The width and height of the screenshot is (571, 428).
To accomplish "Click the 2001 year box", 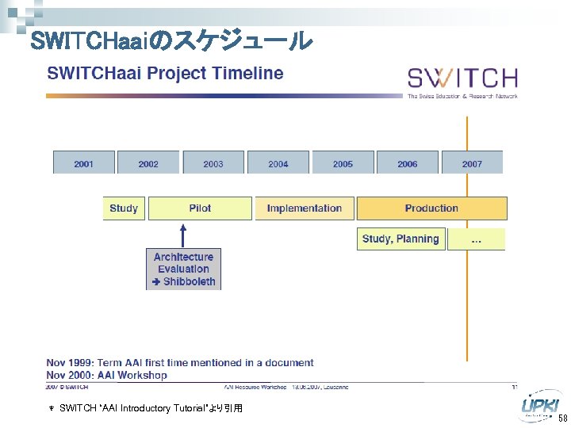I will tap(83, 162).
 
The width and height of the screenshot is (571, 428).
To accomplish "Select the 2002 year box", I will tap(148, 162).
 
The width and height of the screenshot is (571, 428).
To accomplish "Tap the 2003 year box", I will tap(213, 162).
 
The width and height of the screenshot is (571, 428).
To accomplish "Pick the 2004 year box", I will tap(278, 162).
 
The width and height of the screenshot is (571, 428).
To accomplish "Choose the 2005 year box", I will tap(343, 162).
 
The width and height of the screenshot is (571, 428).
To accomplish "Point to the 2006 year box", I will tap(408, 162).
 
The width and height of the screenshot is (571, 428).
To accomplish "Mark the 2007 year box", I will tap(472, 162).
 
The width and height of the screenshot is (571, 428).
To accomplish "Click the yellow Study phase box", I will tap(124, 208).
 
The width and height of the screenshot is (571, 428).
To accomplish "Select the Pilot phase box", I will tap(200, 208).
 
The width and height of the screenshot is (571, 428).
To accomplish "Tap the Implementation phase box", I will tap(304, 208).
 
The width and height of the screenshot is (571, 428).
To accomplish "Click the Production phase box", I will tap(431, 208).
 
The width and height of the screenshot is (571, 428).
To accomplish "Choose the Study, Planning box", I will tap(400, 239).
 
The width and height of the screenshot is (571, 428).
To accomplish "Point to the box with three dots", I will tap(476, 239).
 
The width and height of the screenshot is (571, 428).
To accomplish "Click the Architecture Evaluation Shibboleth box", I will tap(183, 269).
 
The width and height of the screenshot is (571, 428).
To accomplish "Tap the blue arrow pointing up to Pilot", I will tap(183, 235).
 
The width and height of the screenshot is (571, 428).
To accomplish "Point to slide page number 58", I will tap(561, 418).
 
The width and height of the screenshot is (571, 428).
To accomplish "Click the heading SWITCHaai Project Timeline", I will tap(165, 74).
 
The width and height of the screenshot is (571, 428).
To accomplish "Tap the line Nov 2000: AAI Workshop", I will tap(107, 375).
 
